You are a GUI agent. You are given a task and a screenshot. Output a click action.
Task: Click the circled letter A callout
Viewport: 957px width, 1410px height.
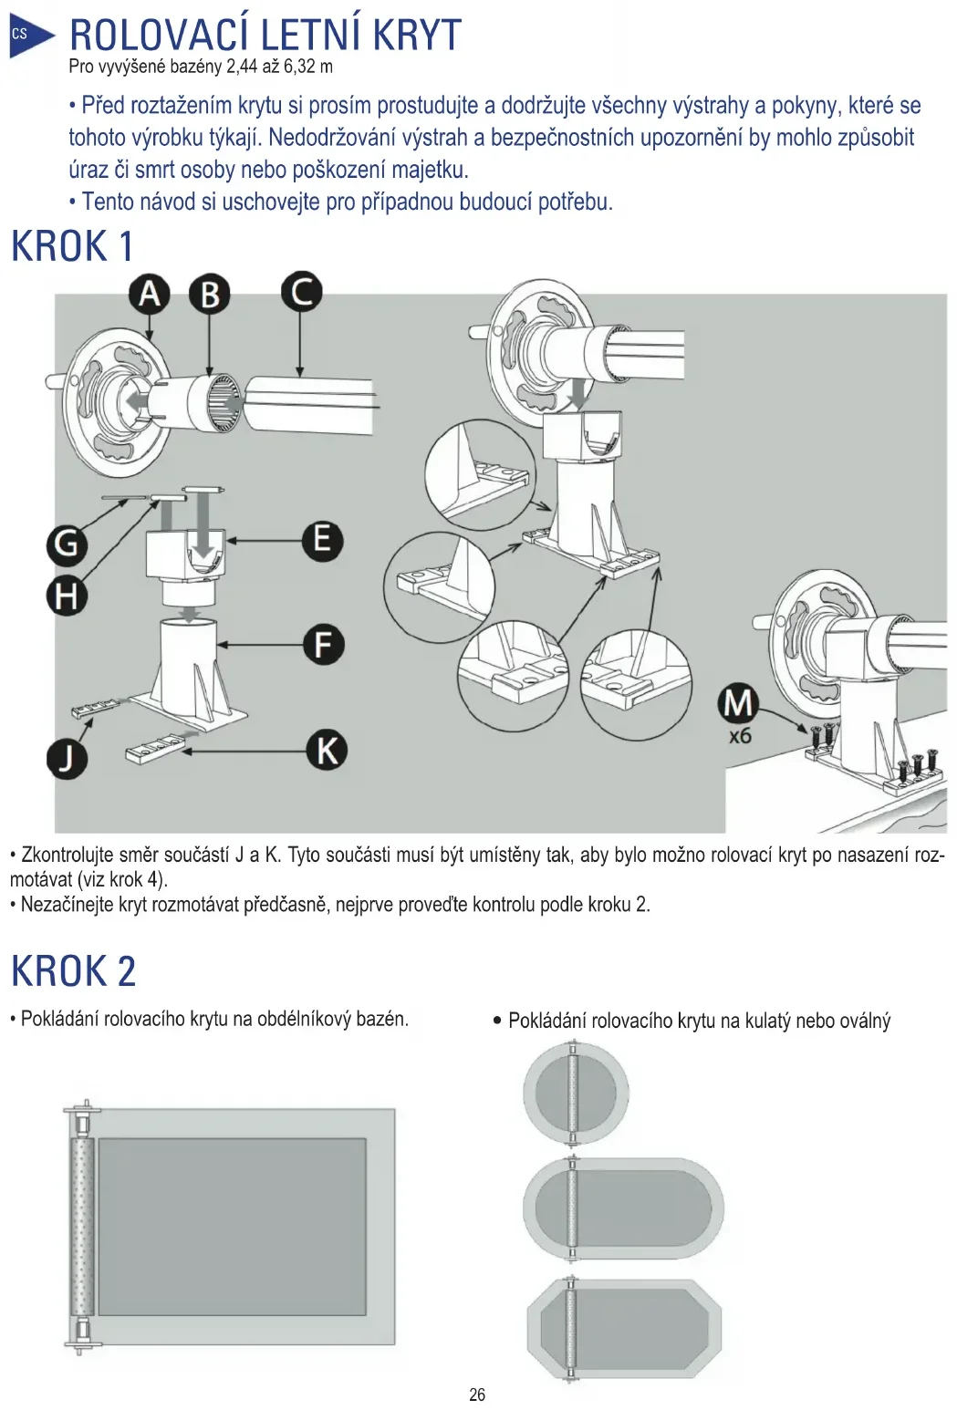point(150,294)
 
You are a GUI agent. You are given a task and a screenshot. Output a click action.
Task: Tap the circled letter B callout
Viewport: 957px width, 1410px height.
point(209,295)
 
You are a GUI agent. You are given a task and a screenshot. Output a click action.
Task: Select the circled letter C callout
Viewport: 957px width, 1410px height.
point(301,292)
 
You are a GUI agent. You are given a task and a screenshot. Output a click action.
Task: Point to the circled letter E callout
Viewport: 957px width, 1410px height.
point(322,540)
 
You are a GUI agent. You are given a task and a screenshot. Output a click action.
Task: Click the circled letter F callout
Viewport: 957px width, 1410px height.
point(323,645)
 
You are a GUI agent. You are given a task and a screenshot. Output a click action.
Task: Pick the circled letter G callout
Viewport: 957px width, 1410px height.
point(67,544)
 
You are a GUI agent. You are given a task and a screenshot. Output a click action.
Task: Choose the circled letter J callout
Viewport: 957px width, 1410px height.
point(67,758)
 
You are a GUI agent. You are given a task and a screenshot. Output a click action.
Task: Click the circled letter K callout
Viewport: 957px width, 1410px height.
point(327,751)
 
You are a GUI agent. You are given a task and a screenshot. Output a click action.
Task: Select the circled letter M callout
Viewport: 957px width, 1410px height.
point(738,703)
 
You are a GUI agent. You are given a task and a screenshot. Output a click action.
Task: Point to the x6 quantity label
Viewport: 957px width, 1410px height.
point(740,735)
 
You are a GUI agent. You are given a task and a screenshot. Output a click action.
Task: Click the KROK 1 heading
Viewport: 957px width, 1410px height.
point(72,246)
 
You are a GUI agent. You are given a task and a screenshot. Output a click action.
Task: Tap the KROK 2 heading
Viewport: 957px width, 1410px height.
point(73,970)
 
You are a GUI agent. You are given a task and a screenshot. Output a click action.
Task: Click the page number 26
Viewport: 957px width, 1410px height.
point(477,1394)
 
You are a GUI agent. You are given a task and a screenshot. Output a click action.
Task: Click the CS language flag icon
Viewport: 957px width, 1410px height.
point(22,36)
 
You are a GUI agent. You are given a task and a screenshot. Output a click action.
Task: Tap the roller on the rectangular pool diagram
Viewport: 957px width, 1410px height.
point(81,1226)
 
